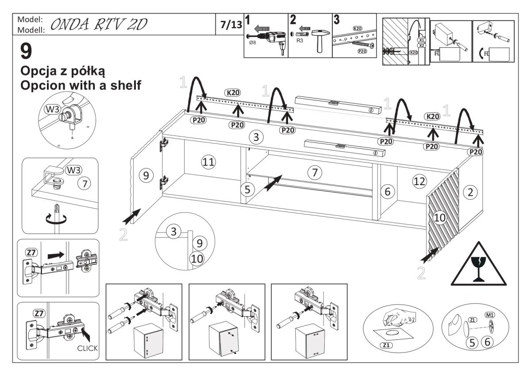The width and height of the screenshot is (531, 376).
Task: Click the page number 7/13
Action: click(231, 26)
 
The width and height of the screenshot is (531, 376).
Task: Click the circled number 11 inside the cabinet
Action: click(208, 163)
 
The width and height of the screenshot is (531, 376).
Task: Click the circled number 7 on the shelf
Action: click(315, 173)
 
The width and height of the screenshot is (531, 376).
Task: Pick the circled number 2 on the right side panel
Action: click(470, 192)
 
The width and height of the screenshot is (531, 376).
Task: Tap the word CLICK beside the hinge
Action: click(88, 348)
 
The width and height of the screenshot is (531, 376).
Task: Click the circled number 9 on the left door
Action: click(144, 175)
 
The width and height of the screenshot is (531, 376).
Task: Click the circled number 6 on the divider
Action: click(387, 192)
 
